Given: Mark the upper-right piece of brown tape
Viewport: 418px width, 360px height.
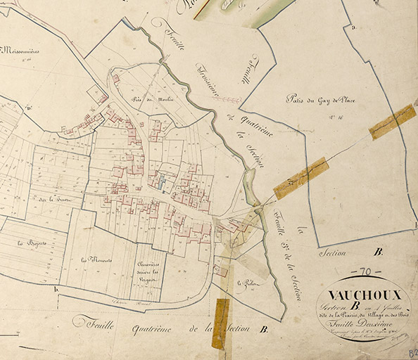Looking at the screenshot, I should [392, 122].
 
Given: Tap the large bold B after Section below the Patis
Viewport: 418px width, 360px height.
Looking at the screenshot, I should [378, 252].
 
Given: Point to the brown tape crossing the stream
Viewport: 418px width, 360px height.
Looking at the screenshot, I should [301, 177].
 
